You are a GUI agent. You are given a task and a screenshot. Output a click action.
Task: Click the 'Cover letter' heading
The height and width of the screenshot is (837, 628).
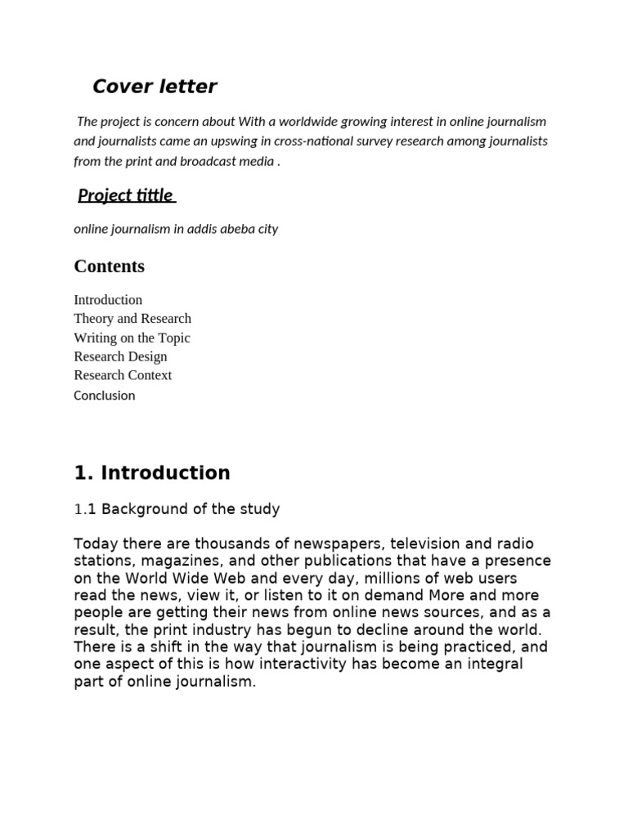point(155,86)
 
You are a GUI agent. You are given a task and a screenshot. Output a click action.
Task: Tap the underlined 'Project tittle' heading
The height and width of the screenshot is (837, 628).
point(126,195)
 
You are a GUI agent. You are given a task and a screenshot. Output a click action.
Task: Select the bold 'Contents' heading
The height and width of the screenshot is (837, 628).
point(109,266)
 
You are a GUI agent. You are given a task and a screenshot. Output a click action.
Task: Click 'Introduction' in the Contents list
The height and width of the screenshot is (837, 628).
point(108,300)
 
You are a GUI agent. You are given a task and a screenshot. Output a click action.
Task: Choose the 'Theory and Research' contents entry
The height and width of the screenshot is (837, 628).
point(132,319)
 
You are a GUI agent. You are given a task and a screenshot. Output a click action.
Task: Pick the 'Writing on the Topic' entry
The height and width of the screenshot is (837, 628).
point(132,338)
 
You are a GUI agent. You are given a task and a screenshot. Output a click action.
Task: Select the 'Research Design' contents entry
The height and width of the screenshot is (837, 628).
point(120,356)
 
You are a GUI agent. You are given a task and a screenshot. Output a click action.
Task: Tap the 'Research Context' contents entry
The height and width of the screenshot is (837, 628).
point(123,375)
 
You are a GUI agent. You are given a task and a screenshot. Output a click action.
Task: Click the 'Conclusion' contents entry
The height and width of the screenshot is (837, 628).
point(105,396)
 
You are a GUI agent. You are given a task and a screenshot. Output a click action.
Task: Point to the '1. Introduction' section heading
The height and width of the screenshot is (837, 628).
point(152,473)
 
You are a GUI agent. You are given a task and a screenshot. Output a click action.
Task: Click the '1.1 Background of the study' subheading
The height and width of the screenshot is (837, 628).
point(177,509)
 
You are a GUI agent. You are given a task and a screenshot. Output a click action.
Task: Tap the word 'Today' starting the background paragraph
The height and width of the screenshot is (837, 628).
point(94,544)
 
